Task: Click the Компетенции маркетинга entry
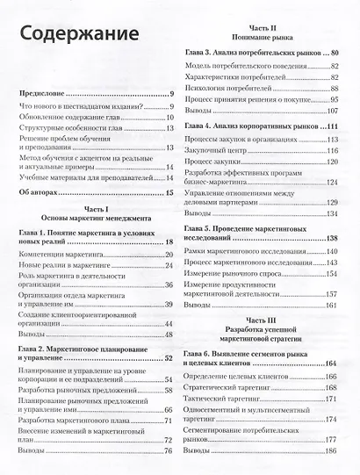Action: point(66,255)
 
